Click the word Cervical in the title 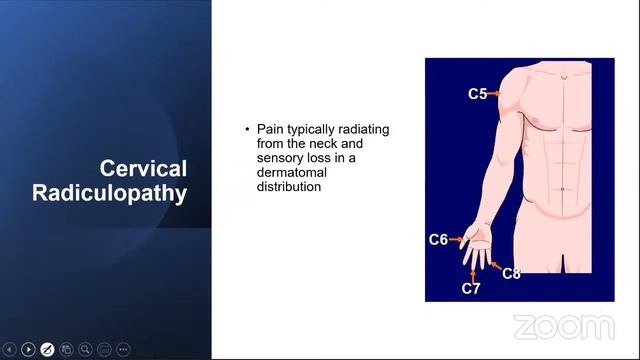point(143,169)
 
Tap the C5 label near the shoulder point(477,94)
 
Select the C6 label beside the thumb point(438,240)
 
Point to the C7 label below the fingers point(471,289)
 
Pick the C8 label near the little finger point(511,273)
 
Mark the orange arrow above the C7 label point(471,273)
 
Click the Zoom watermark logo point(563,327)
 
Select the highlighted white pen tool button point(47,349)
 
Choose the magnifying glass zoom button point(86,349)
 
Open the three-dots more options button point(124,349)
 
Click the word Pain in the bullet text point(271,130)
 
